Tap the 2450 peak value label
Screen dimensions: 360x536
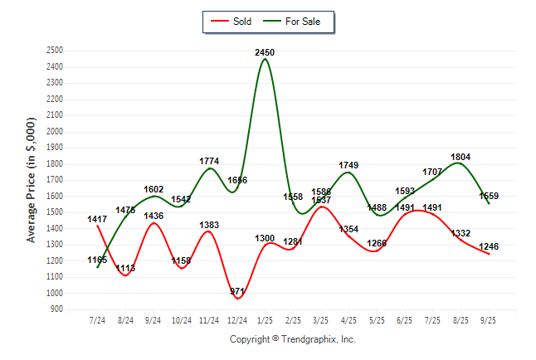tap(265, 52)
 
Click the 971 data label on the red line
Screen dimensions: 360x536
tap(237, 292)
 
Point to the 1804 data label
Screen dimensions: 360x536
tap(461, 156)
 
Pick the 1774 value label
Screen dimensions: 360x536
tap(210, 160)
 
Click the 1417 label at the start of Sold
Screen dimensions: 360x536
tap(98, 220)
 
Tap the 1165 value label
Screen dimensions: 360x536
tap(98, 260)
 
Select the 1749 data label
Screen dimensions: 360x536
tap(348, 166)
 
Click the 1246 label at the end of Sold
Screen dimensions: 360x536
tap(488, 246)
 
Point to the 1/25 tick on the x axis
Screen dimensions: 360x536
tap(266, 319)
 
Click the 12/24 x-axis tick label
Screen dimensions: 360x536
tap(237, 319)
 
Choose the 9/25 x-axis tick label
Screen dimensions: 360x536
tap(489, 319)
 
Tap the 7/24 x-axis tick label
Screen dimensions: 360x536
tap(98, 319)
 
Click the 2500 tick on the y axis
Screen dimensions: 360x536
tap(55, 51)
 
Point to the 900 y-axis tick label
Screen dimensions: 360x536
tap(57, 309)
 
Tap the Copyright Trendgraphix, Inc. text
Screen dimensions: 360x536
tap(292, 339)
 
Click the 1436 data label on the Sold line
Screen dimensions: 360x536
tap(153, 216)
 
